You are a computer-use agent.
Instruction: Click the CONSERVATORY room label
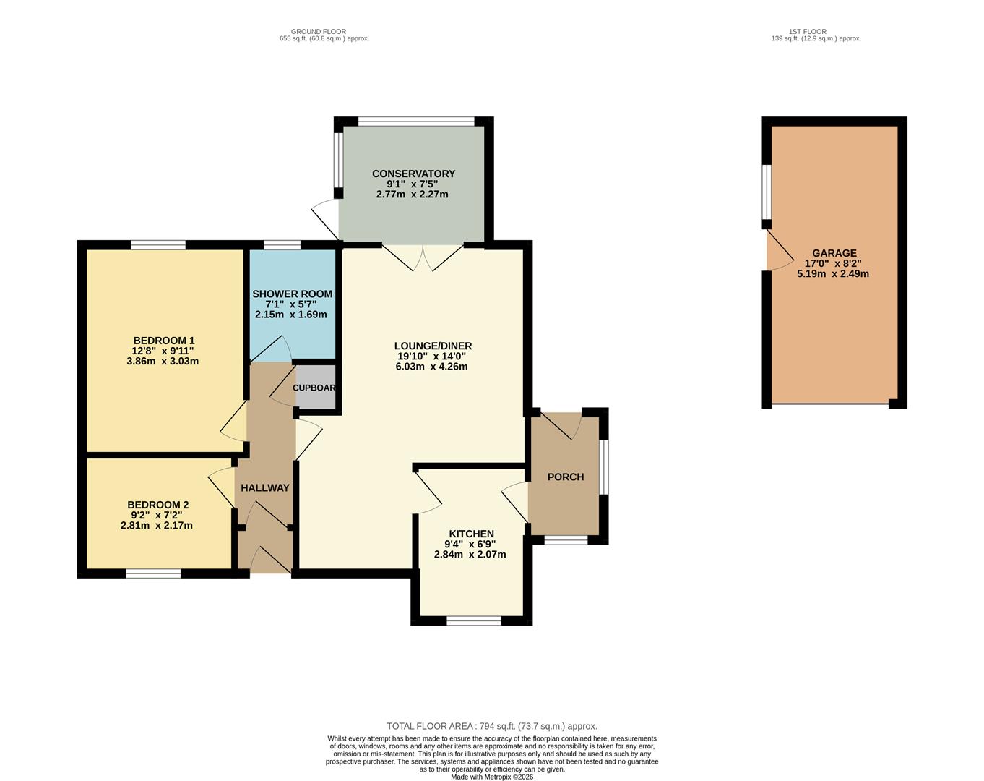(413, 174)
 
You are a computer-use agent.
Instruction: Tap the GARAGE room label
(834, 253)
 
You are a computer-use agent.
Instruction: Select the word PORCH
(566, 477)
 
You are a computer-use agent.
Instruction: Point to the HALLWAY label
(265, 488)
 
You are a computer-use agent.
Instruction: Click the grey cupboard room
(315, 388)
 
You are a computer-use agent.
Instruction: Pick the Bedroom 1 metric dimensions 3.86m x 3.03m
(163, 361)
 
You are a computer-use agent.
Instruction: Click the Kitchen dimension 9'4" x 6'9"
(470, 545)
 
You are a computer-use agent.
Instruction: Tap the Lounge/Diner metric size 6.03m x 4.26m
(431, 367)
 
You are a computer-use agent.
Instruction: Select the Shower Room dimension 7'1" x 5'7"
(291, 304)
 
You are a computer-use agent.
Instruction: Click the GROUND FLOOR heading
(319, 32)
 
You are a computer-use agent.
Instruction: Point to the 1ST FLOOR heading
(808, 32)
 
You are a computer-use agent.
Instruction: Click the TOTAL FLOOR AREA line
(492, 726)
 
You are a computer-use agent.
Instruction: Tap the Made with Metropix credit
(492, 777)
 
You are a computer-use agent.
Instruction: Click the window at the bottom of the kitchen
(474, 620)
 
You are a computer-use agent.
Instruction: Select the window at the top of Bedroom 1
(158, 245)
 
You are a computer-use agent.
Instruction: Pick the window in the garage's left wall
(767, 192)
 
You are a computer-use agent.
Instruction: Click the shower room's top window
(282, 245)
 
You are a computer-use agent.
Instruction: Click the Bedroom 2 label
(157, 505)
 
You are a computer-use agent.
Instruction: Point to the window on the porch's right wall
(603, 467)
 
